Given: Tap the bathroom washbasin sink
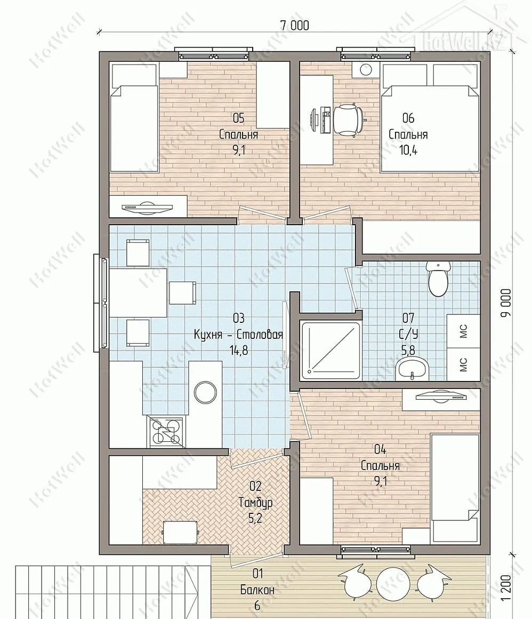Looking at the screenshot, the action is (x=412, y=368).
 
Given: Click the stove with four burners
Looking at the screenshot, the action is (x=166, y=432).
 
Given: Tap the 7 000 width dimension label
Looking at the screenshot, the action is (x=295, y=26).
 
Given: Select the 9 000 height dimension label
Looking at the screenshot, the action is (x=507, y=303).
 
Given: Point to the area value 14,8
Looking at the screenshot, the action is (x=239, y=350).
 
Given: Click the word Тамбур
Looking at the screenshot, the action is (x=255, y=503).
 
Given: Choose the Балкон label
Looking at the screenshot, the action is (x=257, y=590).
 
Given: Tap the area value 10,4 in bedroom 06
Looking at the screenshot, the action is (x=408, y=150).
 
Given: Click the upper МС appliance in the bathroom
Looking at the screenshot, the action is (x=464, y=331).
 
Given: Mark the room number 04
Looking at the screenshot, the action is (x=380, y=449).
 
